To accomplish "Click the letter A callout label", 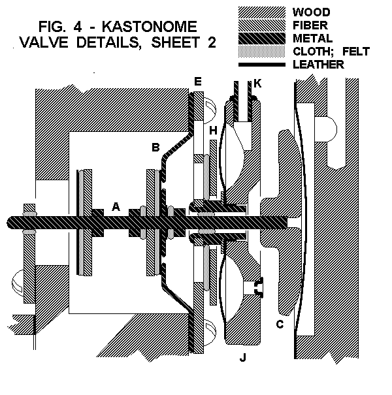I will (116, 206).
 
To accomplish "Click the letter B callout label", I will (155, 148).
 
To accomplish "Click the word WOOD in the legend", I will (311, 12).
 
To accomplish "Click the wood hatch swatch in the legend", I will (261, 12).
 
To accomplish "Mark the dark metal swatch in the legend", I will (261, 39).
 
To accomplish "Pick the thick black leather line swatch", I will (261, 65).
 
